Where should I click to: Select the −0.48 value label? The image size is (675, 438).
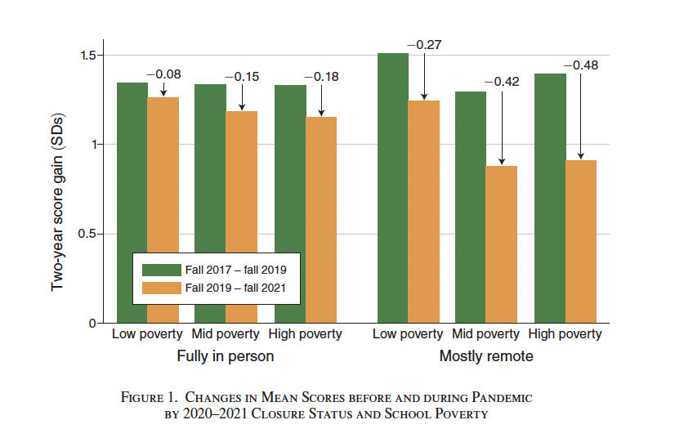coord(580,65)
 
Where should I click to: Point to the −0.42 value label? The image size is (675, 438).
coord(502,82)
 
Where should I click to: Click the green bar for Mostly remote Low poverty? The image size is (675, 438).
coord(392,188)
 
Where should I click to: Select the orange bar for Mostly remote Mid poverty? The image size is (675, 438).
coord(502,245)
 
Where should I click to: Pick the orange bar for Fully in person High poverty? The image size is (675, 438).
coord(320,221)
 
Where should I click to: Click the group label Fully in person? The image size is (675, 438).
coord(226,356)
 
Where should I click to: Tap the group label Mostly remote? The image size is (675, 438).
coord(486,356)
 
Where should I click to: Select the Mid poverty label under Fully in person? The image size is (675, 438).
coord(226,334)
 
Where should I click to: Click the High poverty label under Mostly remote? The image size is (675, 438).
coord(565,334)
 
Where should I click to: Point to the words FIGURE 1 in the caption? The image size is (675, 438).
coord(149,398)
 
